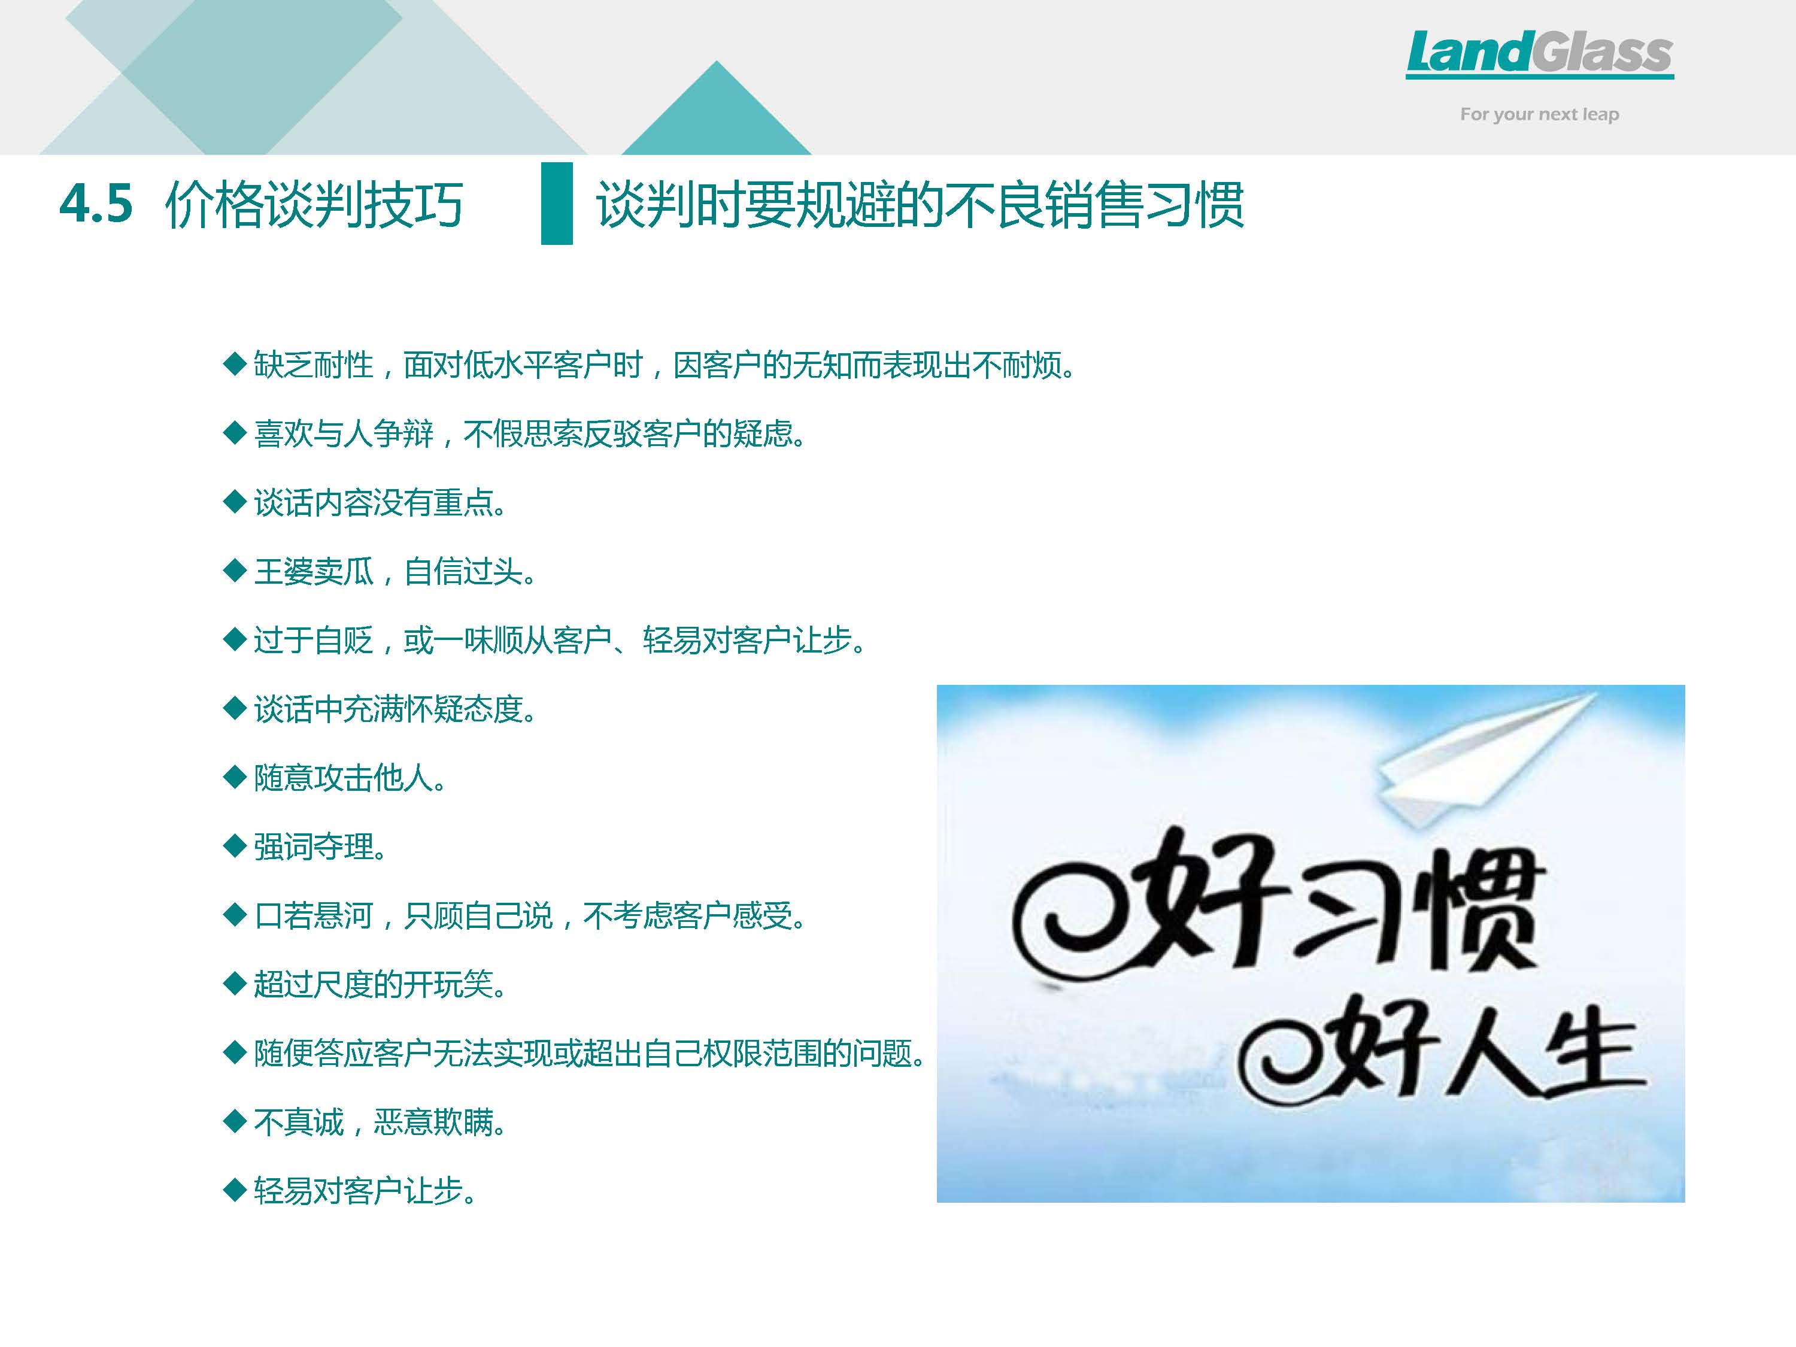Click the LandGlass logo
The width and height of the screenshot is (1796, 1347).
[1539, 54]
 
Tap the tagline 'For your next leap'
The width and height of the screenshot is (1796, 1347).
[1539, 114]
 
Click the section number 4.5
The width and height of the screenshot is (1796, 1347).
[96, 203]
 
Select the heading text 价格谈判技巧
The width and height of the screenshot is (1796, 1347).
[314, 204]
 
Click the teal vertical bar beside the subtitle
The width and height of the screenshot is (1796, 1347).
[557, 203]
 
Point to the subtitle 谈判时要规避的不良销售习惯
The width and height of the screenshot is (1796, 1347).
[920, 204]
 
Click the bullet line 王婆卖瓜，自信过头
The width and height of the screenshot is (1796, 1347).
[395, 572]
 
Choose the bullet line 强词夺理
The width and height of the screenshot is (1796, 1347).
[320, 847]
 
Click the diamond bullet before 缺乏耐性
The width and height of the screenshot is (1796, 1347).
[235, 365]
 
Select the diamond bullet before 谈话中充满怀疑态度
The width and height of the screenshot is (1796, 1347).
[235, 709]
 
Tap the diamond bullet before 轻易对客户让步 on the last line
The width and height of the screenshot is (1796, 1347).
[235, 1191]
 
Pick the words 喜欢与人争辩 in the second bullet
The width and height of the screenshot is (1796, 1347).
[344, 435]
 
